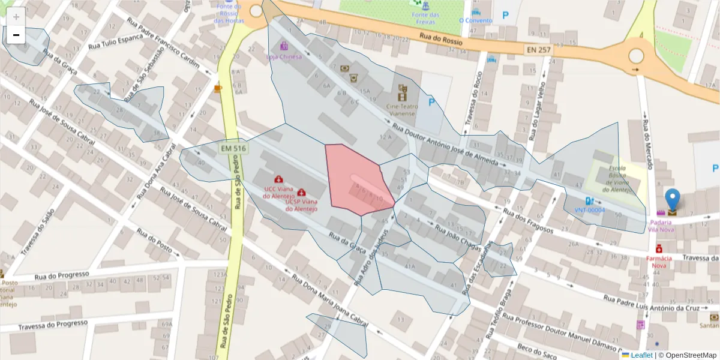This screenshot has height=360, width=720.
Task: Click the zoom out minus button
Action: (x=16, y=35)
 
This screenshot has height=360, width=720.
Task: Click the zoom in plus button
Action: (x=16, y=17)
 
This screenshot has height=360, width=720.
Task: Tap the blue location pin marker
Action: (x=673, y=200)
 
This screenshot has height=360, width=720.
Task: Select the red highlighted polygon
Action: (x=357, y=180)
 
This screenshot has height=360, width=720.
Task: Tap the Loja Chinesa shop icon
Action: (x=284, y=46)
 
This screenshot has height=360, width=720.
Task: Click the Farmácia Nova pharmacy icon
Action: (x=659, y=248)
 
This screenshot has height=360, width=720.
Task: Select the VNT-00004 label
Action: (x=589, y=211)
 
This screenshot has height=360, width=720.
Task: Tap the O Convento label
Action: (x=475, y=20)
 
